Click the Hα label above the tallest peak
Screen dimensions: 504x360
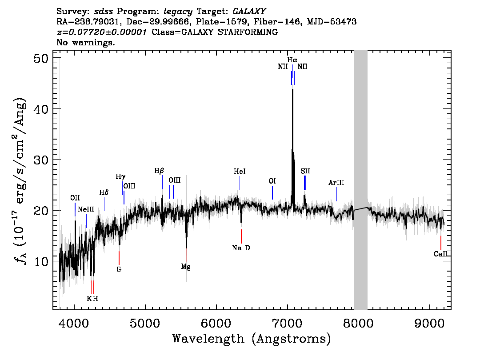tap(292, 60)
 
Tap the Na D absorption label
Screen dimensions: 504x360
tap(241, 248)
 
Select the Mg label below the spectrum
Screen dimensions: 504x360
tap(186, 267)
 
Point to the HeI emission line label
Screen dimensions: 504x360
tap(240, 171)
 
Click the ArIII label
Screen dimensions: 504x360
tap(336, 183)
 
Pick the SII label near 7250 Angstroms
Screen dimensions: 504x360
tap(305, 171)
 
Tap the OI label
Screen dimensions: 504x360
tap(272, 181)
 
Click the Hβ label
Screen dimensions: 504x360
tap(159, 171)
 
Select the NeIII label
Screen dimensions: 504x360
tap(86, 210)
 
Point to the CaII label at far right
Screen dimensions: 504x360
tap(440, 254)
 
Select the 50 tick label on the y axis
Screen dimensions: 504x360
tap(41, 59)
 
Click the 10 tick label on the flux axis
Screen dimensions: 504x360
tap(41, 262)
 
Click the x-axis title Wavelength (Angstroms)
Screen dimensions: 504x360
tap(252, 339)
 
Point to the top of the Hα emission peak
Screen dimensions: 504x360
tap(292, 89)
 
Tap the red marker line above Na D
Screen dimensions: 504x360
tap(241, 236)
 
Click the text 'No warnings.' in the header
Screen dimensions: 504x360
tap(85, 42)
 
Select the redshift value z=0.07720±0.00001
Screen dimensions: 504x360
tap(102, 32)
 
